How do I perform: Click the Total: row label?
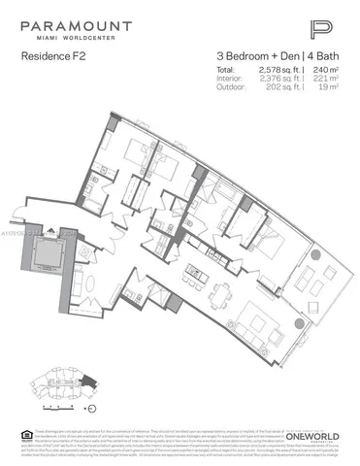pyautogui.click(x=226, y=71)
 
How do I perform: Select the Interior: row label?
pyautogui.click(x=228, y=80)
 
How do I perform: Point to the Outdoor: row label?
pyautogui.click(x=229, y=88)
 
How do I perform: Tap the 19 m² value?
pyautogui.click(x=327, y=88)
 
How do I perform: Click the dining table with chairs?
pyautogui.click(x=220, y=290)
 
